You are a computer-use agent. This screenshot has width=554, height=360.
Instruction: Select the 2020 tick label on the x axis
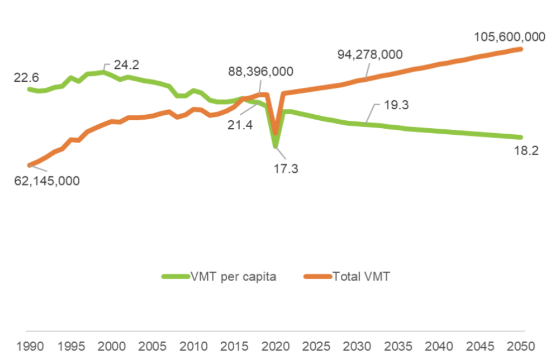(x=275, y=345)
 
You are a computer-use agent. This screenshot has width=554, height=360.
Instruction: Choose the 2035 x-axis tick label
(x=399, y=345)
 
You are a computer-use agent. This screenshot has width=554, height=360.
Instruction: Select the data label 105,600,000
(x=509, y=37)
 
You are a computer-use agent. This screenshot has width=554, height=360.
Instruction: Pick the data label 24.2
(x=127, y=65)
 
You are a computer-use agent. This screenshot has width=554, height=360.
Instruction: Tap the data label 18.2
(x=526, y=151)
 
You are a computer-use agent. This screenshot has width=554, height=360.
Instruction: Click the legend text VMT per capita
(x=233, y=277)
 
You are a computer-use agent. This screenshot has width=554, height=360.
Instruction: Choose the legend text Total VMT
(x=361, y=277)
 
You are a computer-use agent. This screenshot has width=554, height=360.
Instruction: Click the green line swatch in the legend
(x=175, y=277)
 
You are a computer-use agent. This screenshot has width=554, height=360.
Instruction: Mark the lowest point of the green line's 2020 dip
(x=276, y=146)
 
